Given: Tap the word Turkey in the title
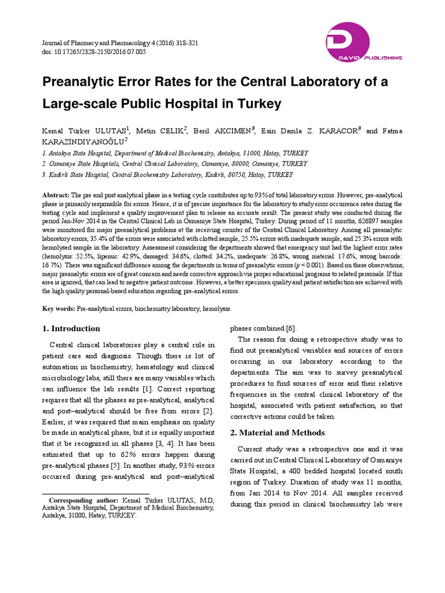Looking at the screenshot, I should coord(258,104).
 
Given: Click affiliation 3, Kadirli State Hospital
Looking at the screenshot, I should coord(167,174).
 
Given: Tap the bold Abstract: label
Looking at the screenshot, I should coord(56,196).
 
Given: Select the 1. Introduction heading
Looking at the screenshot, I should coord(72,328).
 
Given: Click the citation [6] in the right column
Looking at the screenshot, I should coord(292,328).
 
